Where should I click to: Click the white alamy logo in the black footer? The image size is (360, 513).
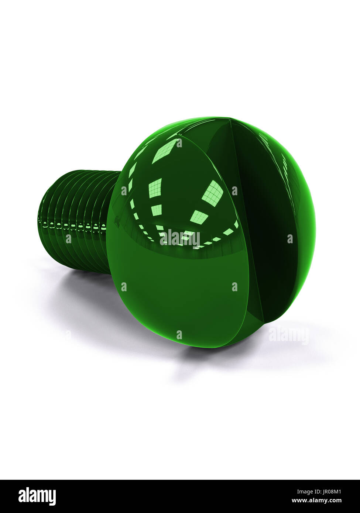tap(37, 496)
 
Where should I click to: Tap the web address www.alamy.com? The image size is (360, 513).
tap(316, 500)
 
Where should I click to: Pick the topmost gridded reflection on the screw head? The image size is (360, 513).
tap(165, 151)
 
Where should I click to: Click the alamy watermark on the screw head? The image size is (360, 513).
tap(179, 238)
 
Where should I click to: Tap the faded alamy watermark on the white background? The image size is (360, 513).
tap(288, 335)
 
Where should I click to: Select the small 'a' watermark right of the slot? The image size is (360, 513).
tap(290, 239)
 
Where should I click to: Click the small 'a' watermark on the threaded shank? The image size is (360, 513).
tap(68, 239)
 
